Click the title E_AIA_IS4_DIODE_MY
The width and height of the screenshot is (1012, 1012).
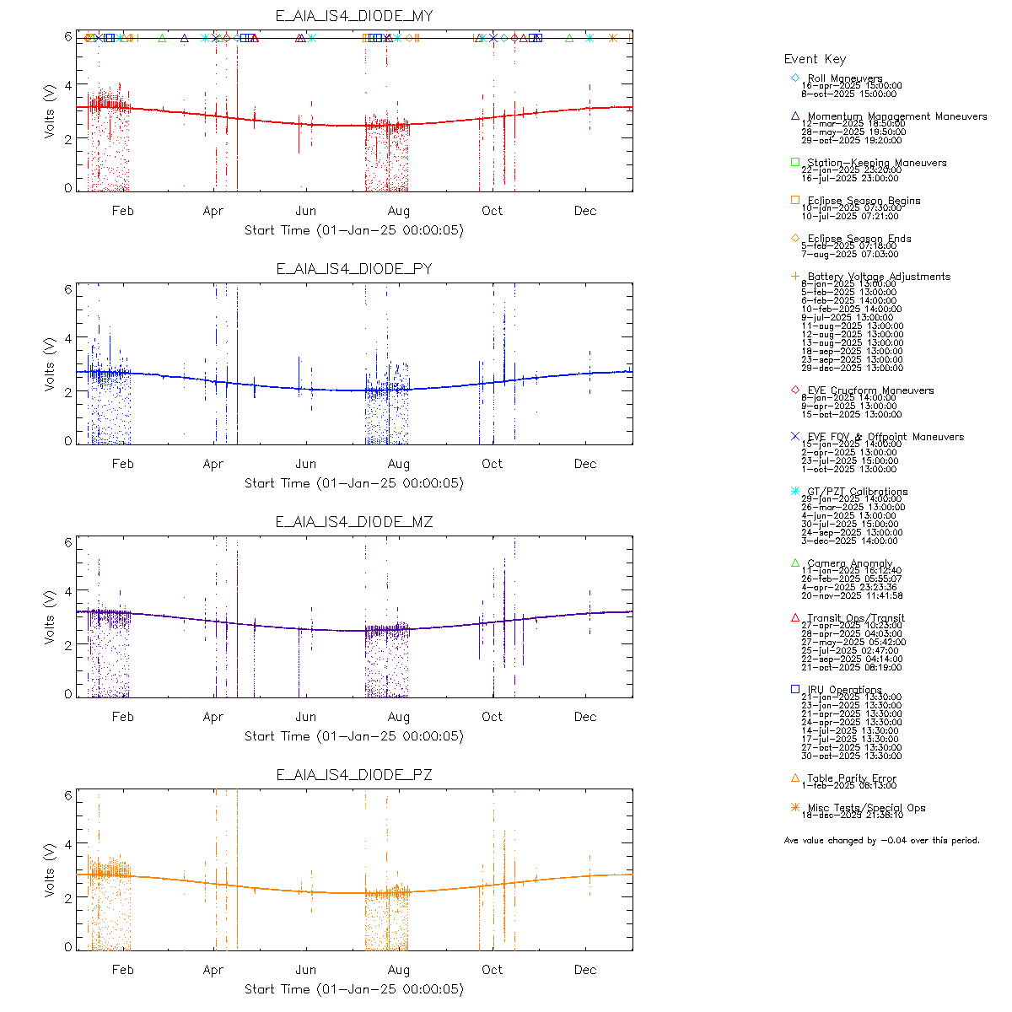pos(354,16)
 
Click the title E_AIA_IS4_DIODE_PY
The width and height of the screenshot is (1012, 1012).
pos(354,269)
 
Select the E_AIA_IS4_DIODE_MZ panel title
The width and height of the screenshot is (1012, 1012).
pos(354,522)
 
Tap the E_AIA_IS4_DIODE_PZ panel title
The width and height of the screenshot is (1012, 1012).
pos(354,775)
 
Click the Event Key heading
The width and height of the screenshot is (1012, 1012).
pos(815,59)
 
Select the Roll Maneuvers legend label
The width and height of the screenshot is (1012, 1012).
pos(845,78)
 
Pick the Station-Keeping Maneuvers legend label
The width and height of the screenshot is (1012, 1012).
pos(877,163)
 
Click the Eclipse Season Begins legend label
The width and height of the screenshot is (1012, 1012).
pos(864,201)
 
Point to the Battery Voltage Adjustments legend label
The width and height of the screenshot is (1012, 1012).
pos(879,277)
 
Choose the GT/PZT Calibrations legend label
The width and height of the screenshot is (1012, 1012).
pos(858,492)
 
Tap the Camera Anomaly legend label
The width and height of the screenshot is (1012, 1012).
pos(849,563)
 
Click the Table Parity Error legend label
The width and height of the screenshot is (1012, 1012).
pos(852,778)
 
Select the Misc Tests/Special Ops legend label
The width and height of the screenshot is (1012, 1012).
pos(866,808)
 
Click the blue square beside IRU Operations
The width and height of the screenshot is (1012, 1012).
pos(795,689)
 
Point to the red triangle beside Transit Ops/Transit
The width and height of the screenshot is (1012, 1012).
pos(795,617)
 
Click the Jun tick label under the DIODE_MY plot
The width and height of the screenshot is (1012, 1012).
pos(305,211)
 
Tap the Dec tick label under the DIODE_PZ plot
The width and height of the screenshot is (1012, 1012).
pos(585,970)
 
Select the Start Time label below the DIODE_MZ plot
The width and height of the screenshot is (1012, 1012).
pos(354,736)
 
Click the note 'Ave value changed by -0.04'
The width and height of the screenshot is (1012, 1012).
pos(882,840)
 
